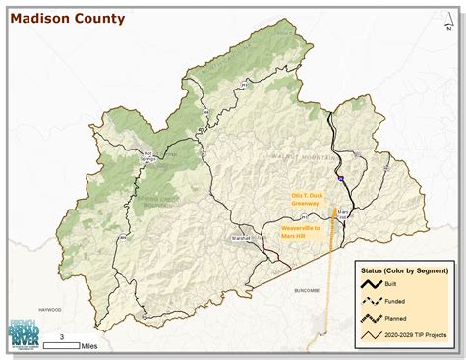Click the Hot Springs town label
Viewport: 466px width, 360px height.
coord(148,155)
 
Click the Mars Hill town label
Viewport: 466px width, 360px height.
coord(343,213)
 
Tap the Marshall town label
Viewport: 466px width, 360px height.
coord(241,238)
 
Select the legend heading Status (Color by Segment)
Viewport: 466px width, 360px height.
coord(405,270)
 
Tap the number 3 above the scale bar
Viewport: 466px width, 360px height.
coord(63,337)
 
